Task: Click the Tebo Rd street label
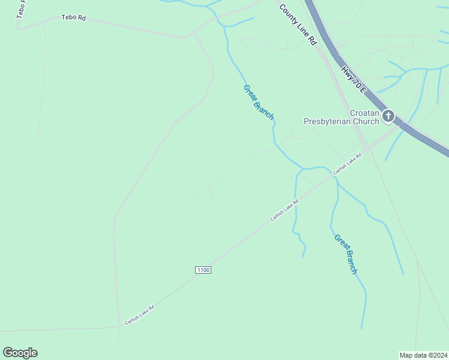pos(74,18)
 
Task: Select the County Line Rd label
pos(297,25)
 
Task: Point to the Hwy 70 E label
pos(354,79)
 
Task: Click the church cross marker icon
pos(388,116)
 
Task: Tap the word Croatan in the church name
pos(364,113)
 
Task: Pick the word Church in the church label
pos(366,122)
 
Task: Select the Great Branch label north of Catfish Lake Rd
pos(259,103)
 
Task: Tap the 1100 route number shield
pos(203,271)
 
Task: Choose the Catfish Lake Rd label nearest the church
pos(348,163)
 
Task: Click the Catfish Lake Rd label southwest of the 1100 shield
pos(140,315)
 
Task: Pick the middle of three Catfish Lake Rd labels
pos(285,210)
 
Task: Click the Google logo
pos(20,353)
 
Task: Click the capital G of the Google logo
pos(8,353)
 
